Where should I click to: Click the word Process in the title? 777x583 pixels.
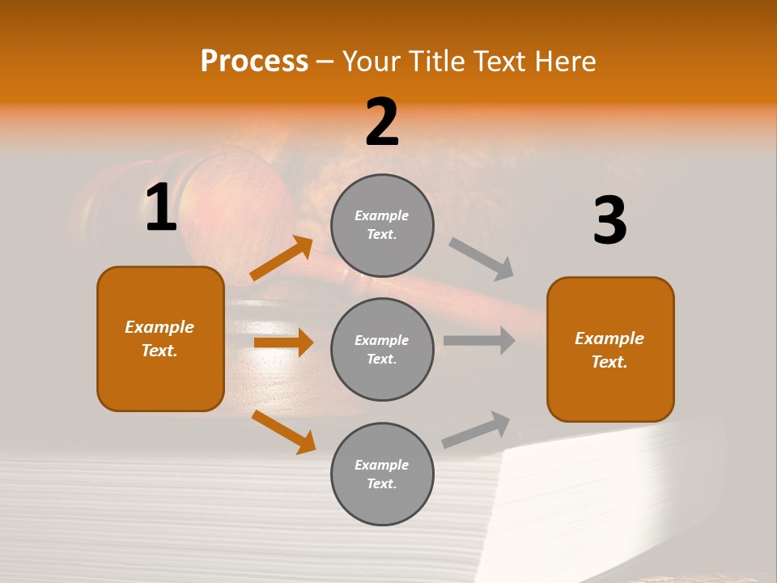[254, 61]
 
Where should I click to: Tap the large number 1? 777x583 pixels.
[161, 208]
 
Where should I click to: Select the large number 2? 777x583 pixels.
[382, 122]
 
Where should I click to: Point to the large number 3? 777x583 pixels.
[609, 220]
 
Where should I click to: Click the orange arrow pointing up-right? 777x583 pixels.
[282, 258]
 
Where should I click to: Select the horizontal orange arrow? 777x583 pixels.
[283, 343]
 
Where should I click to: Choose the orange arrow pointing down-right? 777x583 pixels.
[283, 432]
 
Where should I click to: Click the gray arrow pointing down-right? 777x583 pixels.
[482, 259]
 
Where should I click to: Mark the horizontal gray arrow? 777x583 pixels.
[479, 341]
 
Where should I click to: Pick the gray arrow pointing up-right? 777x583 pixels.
[476, 430]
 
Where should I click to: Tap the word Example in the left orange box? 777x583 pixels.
[159, 327]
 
